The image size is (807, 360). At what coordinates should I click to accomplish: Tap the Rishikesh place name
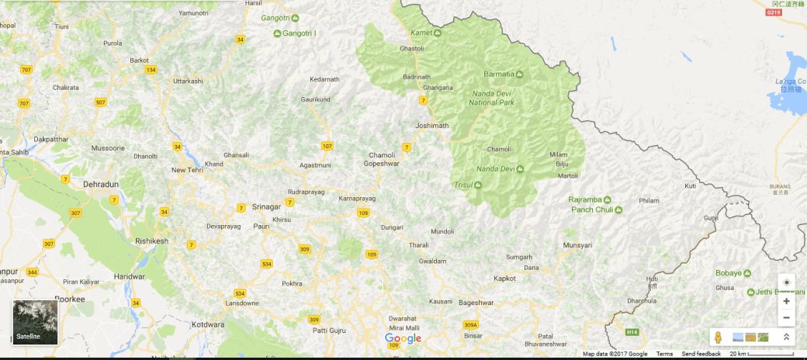click(x=151, y=241)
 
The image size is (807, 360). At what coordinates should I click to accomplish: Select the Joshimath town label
click(x=432, y=126)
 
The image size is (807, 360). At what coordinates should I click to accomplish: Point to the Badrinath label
click(x=416, y=76)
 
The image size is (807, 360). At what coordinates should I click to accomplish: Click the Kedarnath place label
click(x=324, y=79)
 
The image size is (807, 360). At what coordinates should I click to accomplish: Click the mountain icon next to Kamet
click(x=438, y=33)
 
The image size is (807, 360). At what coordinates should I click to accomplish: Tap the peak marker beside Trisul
click(x=478, y=185)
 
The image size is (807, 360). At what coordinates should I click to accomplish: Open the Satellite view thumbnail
click(x=35, y=322)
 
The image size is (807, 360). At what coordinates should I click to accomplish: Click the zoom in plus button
click(x=787, y=301)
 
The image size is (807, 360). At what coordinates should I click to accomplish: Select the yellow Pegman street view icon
click(x=719, y=337)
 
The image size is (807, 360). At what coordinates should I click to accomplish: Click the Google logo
click(x=403, y=339)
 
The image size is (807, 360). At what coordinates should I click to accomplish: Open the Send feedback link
click(x=701, y=354)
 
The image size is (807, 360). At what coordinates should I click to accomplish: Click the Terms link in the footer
click(x=664, y=354)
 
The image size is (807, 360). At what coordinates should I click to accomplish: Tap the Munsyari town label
click(x=577, y=245)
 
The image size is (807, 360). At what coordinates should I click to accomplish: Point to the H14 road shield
click(x=632, y=332)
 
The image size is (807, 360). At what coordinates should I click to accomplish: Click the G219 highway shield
click(x=773, y=12)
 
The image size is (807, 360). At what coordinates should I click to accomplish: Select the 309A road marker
click(x=470, y=325)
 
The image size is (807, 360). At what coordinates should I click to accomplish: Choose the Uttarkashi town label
click(x=187, y=81)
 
